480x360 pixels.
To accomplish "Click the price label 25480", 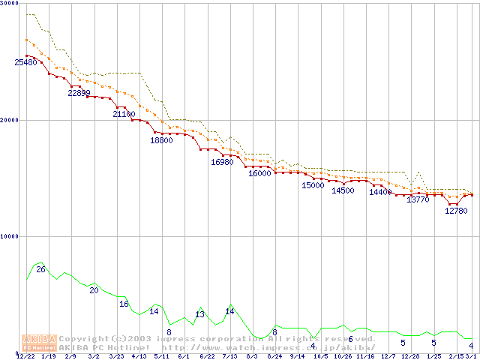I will click(25, 62).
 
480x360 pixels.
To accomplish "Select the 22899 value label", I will click(79, 93).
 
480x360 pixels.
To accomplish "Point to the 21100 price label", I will click(124, 114).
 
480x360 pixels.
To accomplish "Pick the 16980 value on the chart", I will click(222, 162).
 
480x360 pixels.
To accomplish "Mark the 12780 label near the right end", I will click(456, 211).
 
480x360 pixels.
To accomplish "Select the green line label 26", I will click(40, 269).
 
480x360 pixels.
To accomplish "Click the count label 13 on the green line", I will click(199, 314).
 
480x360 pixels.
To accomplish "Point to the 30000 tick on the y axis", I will click(10, 4).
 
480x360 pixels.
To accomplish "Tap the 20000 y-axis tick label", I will click(10, 120).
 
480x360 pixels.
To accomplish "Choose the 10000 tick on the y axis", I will click(10, 236).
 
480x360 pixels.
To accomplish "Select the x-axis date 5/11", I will click(161, 356).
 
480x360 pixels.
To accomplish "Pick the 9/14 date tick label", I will click(297, 356).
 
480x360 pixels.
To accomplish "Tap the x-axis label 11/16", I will click(365, 356).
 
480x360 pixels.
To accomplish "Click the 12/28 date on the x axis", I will click(410, 356).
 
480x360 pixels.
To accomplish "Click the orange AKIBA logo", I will click(39, 342).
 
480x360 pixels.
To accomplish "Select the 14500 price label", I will click(343, 190).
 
